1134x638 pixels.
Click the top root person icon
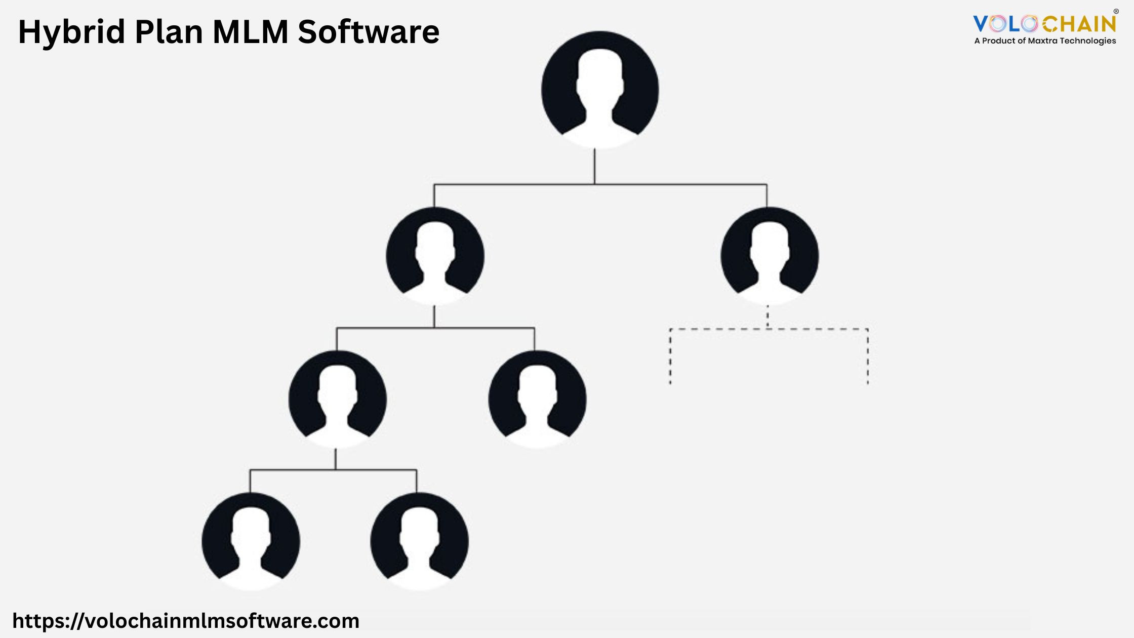point(600,90)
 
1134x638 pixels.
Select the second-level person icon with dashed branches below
point(769,256)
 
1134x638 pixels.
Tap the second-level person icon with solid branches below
point(435,256)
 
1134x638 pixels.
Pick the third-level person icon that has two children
point(338,399)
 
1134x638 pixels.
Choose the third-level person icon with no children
point(537,399)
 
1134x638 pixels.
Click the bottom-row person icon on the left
point(251,541)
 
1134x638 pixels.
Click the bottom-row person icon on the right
point(419,541)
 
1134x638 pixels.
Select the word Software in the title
point(369,31)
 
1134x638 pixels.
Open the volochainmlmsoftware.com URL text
point(186,621)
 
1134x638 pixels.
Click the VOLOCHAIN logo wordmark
point(1044,24)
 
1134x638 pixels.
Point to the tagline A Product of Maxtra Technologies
point(1045,41)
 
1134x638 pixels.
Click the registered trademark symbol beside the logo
point(1116,12)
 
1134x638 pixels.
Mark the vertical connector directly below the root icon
point(594,166)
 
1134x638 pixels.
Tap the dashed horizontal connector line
point(769,329)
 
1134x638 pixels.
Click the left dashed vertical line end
point(670,383)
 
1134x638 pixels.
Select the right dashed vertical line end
point(868,383)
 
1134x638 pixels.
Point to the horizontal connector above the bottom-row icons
point(333,470)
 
